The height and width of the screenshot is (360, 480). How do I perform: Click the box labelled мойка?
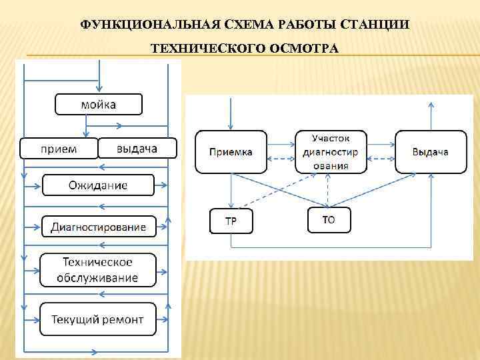tap(98, 105)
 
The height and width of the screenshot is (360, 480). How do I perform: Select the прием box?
tap(59, 148)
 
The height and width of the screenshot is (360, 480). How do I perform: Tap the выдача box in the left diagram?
tap(137, 148)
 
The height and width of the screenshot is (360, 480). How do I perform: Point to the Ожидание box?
tap(98, 185)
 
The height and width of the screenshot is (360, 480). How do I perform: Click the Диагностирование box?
tap(98, 227)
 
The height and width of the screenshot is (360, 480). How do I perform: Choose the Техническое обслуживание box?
tap(98, 270)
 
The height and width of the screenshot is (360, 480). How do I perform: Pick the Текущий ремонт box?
tap(98, 319)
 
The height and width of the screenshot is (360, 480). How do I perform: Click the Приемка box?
tap(231, 152)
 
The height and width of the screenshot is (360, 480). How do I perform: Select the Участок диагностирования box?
tap(331, 152)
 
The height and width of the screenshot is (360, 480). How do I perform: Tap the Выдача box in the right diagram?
tap(430, 152)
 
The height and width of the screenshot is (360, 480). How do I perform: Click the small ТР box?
tap(231, 221)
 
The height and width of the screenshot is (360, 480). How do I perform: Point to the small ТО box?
tap(329, 220)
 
